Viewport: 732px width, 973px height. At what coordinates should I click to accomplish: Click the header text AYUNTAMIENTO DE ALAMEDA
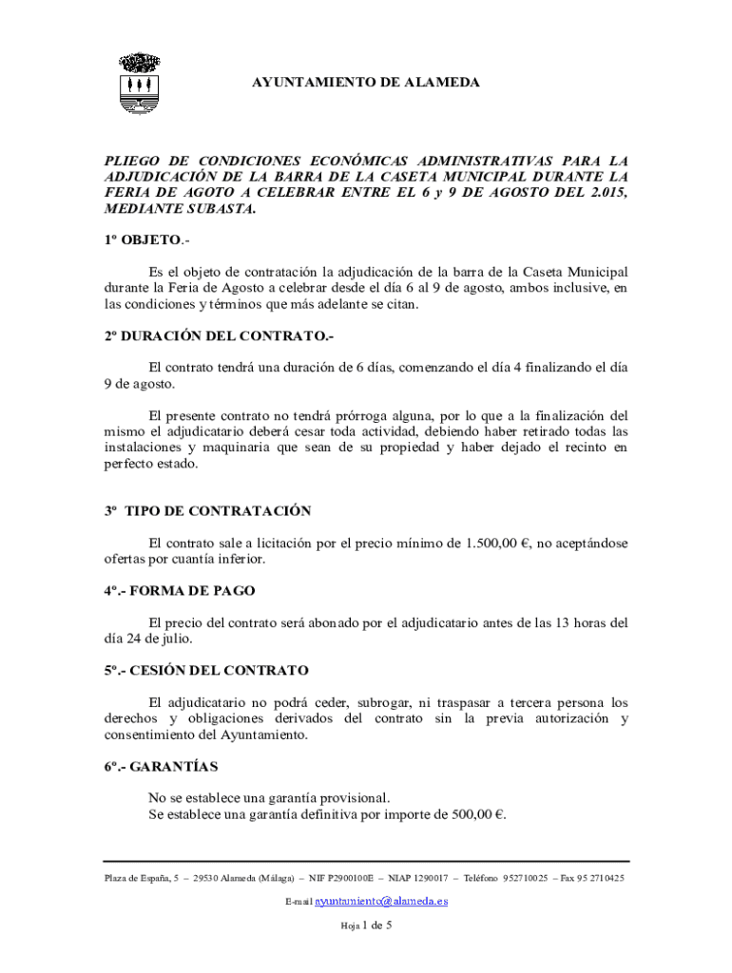(x=366, y=83)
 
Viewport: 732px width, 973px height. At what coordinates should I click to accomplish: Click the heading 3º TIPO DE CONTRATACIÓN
(x=208, y=510)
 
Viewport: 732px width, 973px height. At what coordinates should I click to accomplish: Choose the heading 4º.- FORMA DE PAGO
(x=180, y=590)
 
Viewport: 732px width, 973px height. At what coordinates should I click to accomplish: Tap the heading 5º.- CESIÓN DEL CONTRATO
(x=206, y=670)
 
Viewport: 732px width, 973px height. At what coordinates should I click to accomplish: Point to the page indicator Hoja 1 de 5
(x=366, y=925)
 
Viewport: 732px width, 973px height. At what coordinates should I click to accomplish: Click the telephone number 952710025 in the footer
(x=525, y=878)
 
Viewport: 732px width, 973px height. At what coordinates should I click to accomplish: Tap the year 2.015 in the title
(x=607, y=193)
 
